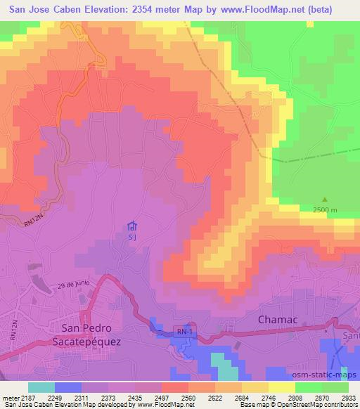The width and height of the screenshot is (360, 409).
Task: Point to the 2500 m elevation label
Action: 325,210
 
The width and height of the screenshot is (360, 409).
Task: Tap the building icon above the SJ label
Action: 131,226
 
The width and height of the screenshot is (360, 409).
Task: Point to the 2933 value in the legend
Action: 349,397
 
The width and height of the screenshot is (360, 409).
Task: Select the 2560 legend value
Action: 188,397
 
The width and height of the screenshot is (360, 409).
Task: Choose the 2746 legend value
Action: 269,397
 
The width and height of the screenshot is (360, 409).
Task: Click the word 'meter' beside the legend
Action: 9,397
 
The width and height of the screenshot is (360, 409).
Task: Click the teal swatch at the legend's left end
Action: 41,387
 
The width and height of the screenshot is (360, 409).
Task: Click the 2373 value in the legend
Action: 108,397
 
